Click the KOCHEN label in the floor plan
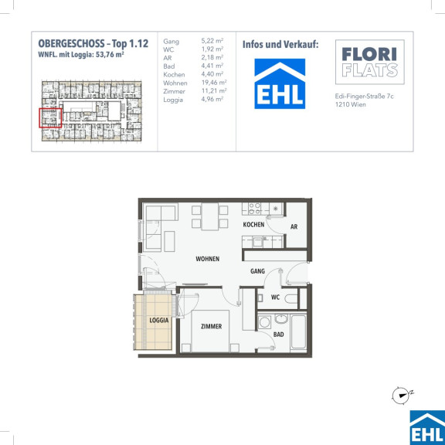point(253,225)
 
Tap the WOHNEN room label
point(208,259)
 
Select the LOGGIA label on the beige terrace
point(159,321)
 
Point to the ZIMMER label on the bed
point(211,326)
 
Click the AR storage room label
point(294,227)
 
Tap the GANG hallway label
point(257,271)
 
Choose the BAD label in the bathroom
point(278,335)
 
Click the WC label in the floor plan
point(275,297)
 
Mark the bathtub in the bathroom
point(298,332)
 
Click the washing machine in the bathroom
point(265,322)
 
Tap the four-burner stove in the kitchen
point(255,209)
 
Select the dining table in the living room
point(209,216)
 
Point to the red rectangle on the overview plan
point(50,117)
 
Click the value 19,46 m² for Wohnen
point(214,83)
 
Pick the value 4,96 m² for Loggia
point(212,100)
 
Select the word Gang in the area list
point(172,42)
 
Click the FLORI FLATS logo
point(370,62)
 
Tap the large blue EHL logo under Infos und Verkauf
point(280,83)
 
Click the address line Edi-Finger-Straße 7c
point(364,97)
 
